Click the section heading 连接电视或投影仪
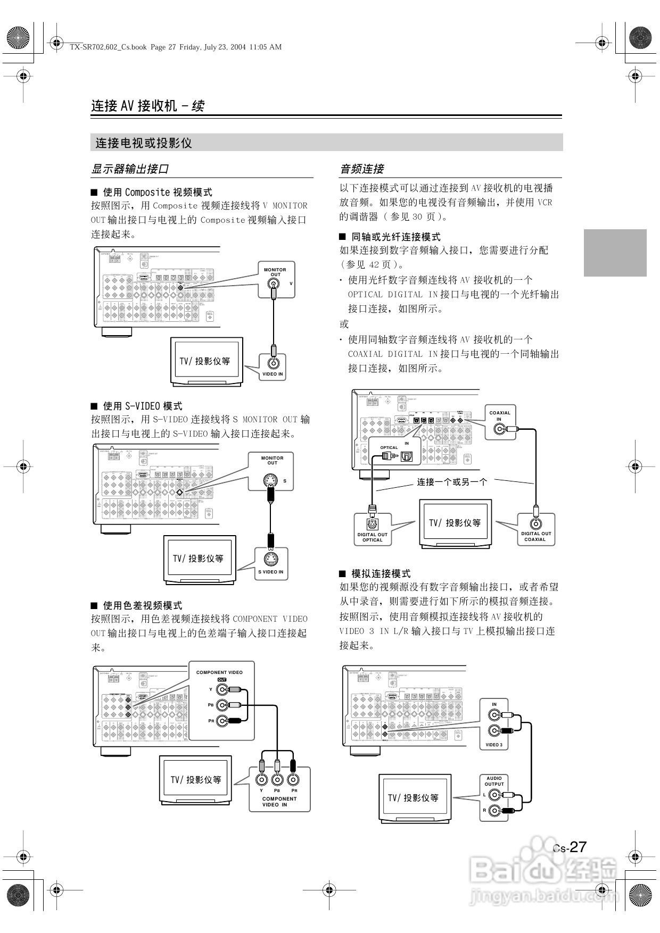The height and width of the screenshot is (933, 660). [144, 143]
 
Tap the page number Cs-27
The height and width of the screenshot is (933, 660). [570, 847]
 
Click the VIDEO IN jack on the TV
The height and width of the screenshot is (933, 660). [274, 363]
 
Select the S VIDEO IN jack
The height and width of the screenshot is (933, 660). [271, 559]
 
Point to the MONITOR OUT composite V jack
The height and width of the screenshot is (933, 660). [274, 284]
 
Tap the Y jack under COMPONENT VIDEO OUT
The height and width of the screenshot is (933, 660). [222, 690]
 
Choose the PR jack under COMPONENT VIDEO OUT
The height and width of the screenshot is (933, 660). [222, 721]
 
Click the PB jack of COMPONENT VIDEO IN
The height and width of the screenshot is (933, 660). [277, 780]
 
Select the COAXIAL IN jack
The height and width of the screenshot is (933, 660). [499, 428]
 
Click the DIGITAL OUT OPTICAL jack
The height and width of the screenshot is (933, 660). [373, 524]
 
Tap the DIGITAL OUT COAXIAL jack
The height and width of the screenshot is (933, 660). [536, 523]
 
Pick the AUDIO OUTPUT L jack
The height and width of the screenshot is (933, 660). [494, 795]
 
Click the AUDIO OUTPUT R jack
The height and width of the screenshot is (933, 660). [494, 811]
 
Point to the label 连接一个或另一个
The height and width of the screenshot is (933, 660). [452, 482]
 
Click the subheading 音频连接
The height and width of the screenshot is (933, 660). [362, 169]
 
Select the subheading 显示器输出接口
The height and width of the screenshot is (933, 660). [130, 169]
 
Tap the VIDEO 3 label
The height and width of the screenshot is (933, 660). [494, 745]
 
